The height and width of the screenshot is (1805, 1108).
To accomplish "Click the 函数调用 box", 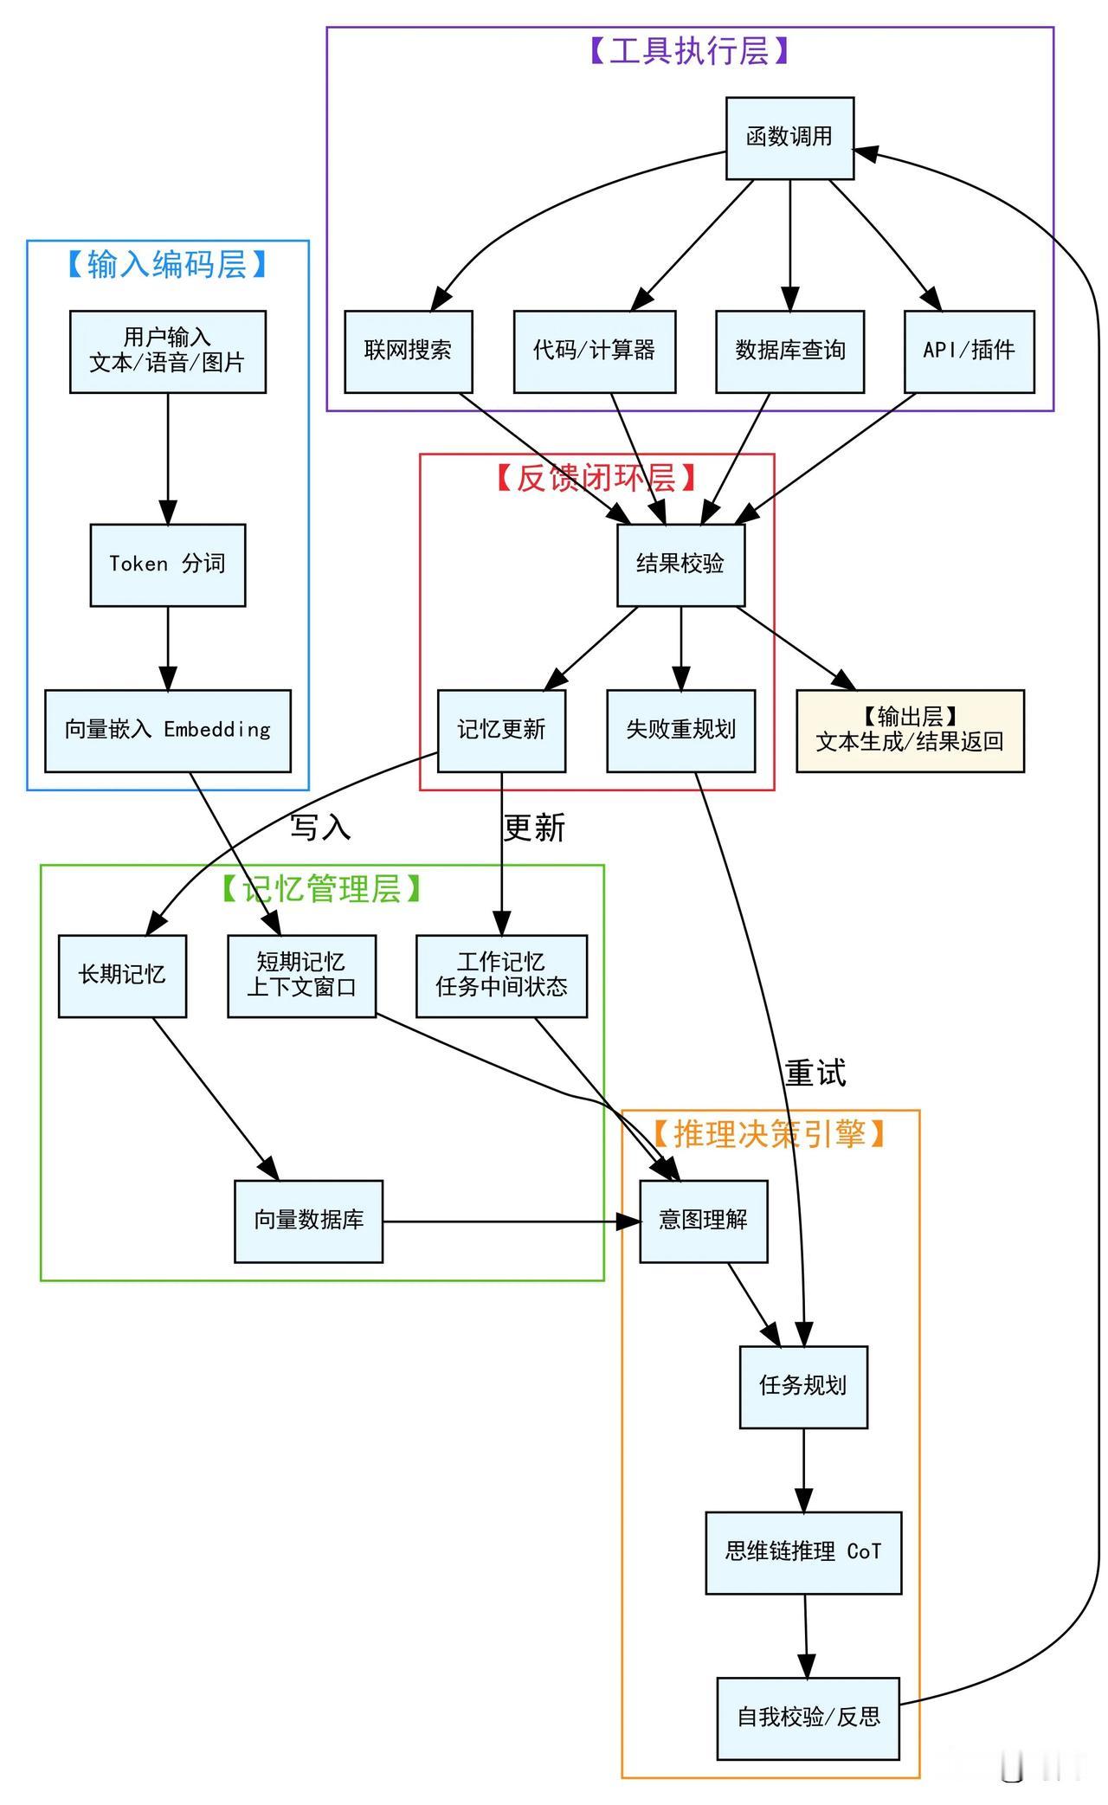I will tap(789, 138).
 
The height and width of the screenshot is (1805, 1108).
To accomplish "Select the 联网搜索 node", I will tap(408, 351).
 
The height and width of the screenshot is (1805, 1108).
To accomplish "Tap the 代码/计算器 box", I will tap(594, 351).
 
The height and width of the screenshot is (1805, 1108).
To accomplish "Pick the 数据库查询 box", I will tap(789, 351).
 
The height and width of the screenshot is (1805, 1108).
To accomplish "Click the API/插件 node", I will tap(969, 351).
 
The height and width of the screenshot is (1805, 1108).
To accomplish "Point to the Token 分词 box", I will tap(168, 564).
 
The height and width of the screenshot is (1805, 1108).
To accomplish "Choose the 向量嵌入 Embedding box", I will tap(168, 730).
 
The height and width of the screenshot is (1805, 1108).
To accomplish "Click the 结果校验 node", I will tap(680, 564).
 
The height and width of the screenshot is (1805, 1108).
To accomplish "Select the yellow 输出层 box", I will tap(910, 730).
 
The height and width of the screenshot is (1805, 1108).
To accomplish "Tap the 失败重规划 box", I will tap(680, 730).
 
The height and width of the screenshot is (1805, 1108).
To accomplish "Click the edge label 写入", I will tap(320, 828).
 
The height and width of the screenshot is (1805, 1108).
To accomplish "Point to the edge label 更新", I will tap(534, 828).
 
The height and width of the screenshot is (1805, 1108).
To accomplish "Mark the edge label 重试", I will tap(815, 1073).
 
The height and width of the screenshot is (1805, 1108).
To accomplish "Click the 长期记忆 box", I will tap(122, 976).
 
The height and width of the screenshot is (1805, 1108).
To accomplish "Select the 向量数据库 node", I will tap(308, 1221).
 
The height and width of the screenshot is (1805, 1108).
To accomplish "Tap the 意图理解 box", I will tap(703, 1221).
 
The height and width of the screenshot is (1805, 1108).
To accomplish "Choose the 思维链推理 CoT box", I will tap(803, 1552).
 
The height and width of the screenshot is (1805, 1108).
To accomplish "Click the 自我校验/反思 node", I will tap(808, 1718).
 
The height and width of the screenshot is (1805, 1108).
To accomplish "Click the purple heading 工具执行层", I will tap(690, 52).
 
